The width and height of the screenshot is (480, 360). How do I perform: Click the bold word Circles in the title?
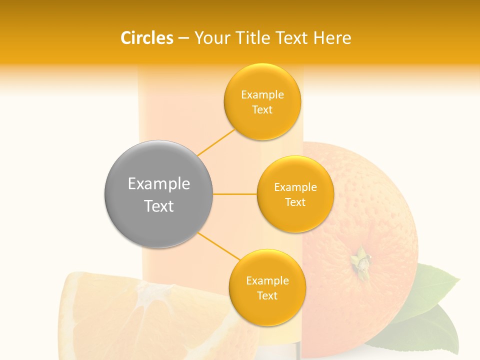click(x=146, y=38)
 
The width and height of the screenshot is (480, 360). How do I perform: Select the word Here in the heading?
click(x=332, y=38)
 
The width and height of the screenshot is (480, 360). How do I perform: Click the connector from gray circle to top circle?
click(x=216, y=142)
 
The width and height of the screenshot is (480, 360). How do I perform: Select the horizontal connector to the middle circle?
click(x=234, y=194)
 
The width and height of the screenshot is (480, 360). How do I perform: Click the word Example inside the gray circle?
click(x=158, y=184)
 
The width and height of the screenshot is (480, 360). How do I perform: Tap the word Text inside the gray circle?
click(x=158, y=206)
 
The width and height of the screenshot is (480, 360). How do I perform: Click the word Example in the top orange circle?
click(x=262, y=94)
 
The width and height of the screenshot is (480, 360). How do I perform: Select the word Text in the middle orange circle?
click(x=295, y=202)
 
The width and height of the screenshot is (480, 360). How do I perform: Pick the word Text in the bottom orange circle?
click(x=267, y=295)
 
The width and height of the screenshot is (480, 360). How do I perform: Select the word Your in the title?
click(x=208, y=38)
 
